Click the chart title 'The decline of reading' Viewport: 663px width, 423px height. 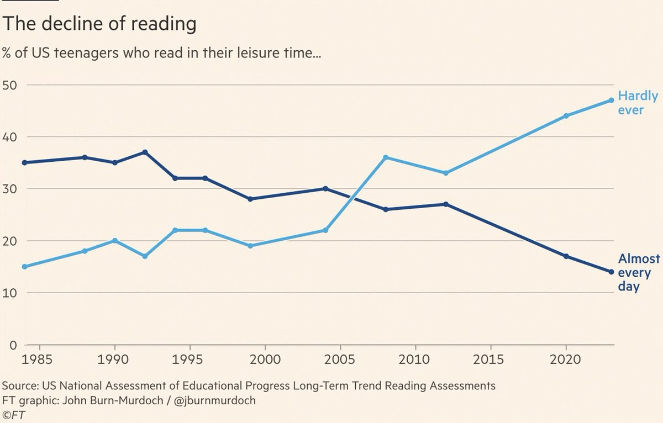100,24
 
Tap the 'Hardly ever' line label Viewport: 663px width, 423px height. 638,103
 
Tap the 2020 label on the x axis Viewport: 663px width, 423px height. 566,360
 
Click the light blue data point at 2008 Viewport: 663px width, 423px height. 385,157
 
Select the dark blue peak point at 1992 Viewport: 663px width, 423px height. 145,152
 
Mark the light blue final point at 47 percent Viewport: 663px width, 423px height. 611,100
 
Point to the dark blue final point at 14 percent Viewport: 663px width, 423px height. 611,272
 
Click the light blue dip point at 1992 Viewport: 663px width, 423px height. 145,256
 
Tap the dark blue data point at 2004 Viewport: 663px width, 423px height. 325,188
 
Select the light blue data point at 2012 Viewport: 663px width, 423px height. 445,173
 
